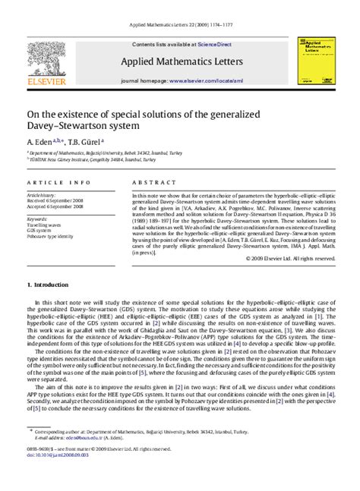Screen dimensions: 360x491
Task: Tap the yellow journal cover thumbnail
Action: pyautogui.click(x=313, y=61)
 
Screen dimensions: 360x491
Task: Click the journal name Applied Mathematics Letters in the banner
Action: pyautogui.click(x=180, y=63)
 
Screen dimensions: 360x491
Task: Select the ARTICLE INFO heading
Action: pyautogui.click(x=55, y=183)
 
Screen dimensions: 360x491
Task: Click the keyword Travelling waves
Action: pyautogui.click(x=45, y=225)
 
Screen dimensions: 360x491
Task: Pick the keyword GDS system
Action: pyautogui.click(x=40, y=231)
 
